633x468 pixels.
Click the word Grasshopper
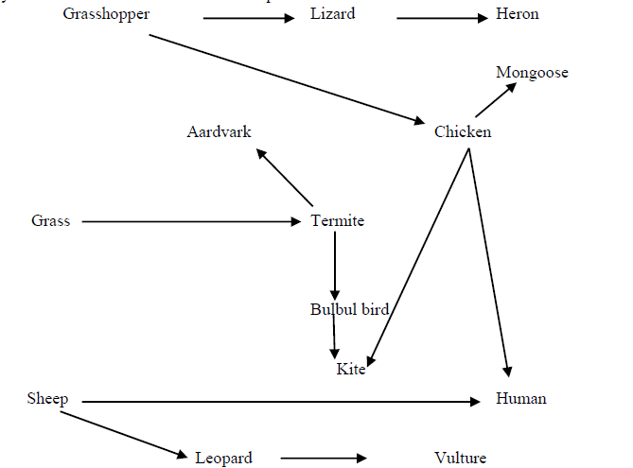coord(106,14)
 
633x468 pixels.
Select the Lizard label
coord(332,14)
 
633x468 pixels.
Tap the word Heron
coord(518,14)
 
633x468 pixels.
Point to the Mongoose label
coord(532,73)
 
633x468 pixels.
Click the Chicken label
coord(463,132)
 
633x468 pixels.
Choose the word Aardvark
coord(220,131)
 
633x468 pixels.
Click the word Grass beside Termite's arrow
coord(51,221)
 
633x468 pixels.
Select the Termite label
coord(338,221)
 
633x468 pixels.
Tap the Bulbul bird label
coord(349,309)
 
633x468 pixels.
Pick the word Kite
coord(351,369)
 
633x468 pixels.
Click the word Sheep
coord(47,399)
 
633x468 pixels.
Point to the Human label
coord(521,399)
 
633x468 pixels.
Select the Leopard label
coord(224,459)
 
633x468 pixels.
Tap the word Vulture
coord(461,459)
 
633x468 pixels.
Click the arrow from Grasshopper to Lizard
coord(249,17)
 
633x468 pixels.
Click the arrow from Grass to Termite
coord(190,221)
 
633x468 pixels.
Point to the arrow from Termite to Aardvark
coord(285,177)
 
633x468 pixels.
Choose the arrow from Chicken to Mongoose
coord(497,99)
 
